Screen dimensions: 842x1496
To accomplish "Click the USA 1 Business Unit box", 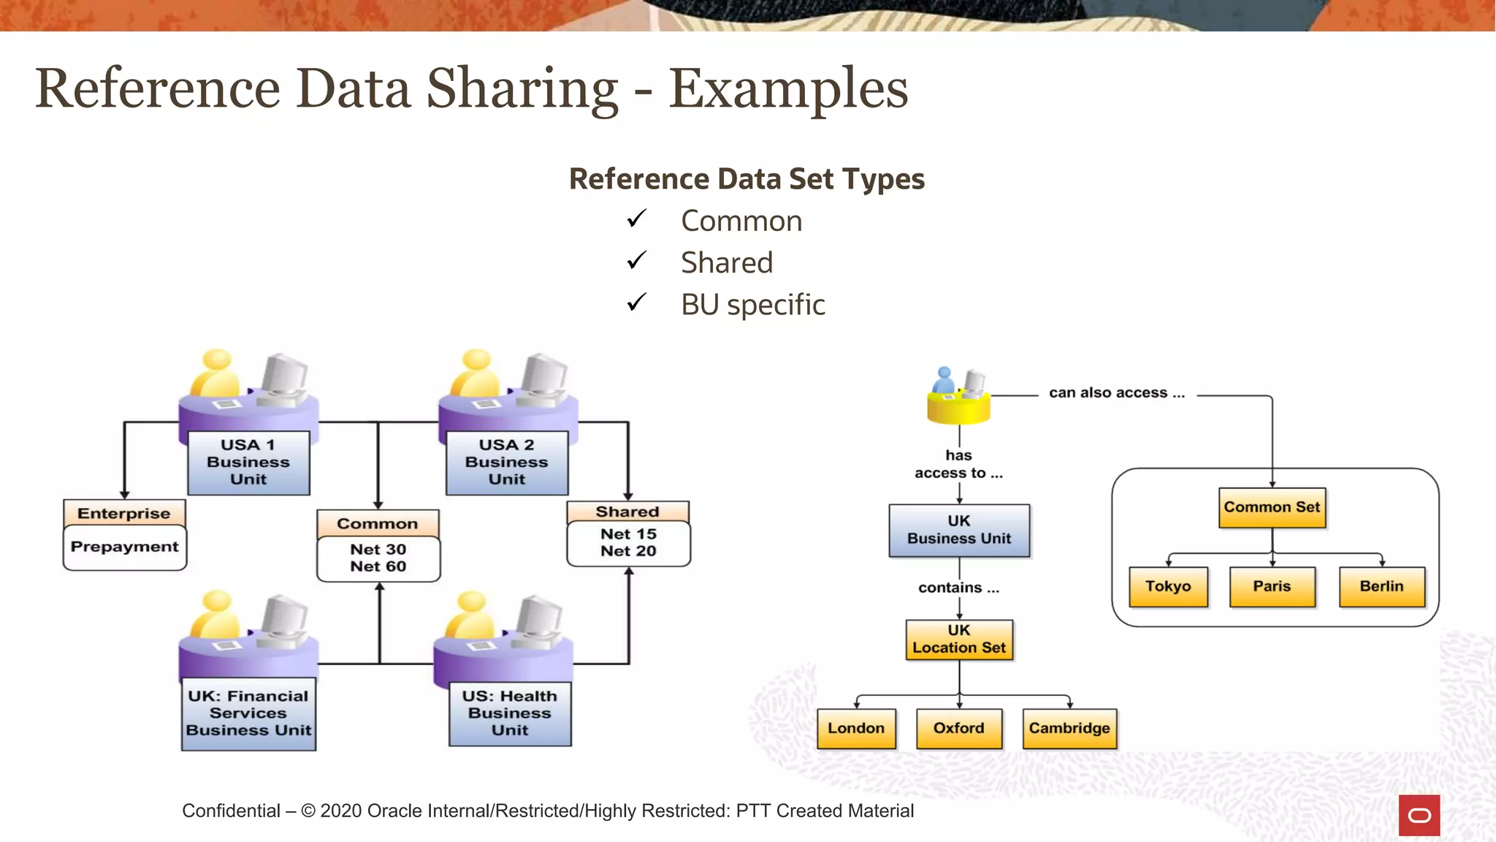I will click(248, 463).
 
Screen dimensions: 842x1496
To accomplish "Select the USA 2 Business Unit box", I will click(507, 463).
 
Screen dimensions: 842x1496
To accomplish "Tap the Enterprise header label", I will click(124, 513).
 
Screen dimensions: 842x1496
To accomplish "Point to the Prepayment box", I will click(125, 547).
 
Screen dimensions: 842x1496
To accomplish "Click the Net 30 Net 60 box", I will click(378, 558).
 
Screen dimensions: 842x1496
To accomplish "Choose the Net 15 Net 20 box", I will click(628, 543).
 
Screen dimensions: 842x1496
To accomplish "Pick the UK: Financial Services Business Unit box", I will click(248, 714).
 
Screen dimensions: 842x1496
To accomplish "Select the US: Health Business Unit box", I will click(510, 713).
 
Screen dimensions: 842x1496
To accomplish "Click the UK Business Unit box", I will click(959, 530).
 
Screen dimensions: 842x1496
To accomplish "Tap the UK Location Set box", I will click(959, 640).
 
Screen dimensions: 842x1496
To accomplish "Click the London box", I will click(856, 729).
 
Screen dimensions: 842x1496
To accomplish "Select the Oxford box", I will click(959, 729).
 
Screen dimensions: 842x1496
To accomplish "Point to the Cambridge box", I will click(1069, 729).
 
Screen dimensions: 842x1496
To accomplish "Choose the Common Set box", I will click(1272, 507).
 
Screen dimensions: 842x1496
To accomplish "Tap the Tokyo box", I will click(1168, 587).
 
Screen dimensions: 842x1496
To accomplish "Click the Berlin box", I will click(1381, 587).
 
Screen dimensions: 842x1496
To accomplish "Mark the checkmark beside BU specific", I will click(637, 302).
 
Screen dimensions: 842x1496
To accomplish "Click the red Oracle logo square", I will click(1419, 815).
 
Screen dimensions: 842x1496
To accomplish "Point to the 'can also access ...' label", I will click(1117, 393).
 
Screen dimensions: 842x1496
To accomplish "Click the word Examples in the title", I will click(789, 89).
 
